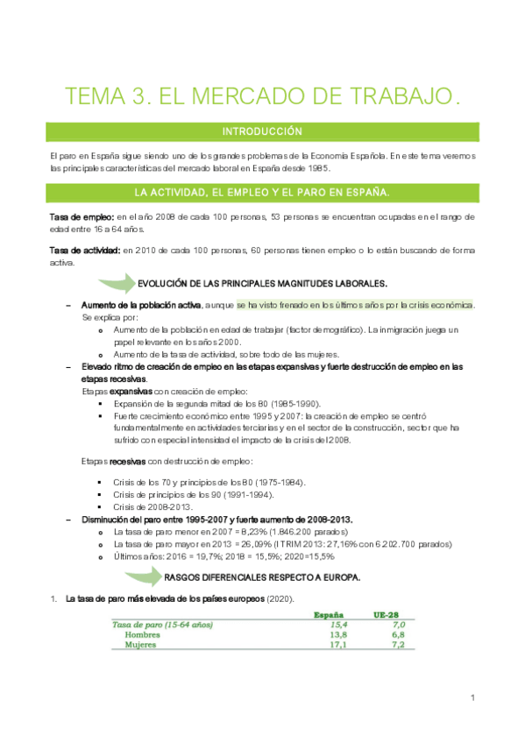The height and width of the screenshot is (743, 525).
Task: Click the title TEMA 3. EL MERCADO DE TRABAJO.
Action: [262, 96]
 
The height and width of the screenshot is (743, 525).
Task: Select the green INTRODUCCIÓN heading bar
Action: [262, 132]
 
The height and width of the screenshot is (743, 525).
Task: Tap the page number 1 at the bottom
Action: [472, 697]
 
